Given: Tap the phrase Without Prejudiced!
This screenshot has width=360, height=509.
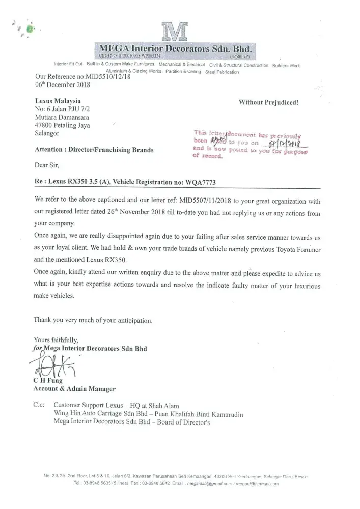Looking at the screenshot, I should (x=268, y=102).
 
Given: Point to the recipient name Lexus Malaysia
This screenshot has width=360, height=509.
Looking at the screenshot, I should (x=58, y=101).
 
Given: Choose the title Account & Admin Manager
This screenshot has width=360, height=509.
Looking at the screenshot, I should (x=74, y=389).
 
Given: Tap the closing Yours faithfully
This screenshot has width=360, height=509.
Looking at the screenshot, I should (x=57, y=340).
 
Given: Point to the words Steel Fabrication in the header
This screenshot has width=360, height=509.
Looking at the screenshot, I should (x=221, y=72).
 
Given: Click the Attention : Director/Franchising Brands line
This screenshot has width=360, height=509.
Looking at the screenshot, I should (x=94, y=150).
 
